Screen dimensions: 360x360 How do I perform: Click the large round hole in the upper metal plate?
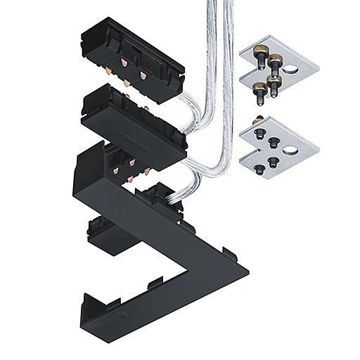click(291, 69)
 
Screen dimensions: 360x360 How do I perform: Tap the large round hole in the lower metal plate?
click(290, 150)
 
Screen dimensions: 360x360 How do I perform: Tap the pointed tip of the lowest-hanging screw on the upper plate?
click(274, 97)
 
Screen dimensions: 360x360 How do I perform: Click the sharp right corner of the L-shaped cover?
click(245, 268)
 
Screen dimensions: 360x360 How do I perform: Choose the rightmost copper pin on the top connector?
click(143, 75)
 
